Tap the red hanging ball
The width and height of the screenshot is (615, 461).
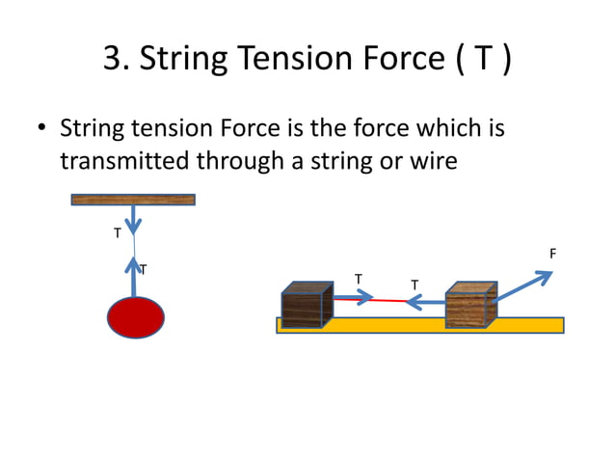135,317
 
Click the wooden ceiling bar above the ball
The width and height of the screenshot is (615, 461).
133,200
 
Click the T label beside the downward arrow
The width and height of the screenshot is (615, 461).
118,233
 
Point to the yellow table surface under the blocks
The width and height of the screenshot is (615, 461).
405,325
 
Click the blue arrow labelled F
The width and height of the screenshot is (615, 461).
526,286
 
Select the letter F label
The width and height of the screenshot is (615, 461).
552,254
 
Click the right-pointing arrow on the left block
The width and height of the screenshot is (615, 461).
352,297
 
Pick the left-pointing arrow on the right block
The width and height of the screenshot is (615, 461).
425,303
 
